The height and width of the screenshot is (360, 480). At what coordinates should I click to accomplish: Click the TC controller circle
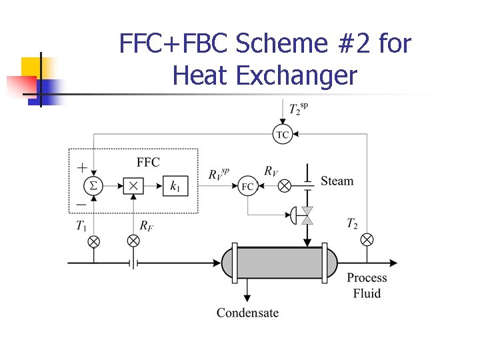point(283,134)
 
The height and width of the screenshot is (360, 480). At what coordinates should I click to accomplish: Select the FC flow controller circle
point(247,186)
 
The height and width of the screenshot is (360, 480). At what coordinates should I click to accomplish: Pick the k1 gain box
point(175,186)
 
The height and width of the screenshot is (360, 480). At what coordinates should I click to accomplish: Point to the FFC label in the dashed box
point(148,162)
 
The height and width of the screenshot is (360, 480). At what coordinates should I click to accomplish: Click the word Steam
point(337,181)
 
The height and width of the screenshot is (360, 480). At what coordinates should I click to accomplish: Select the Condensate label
point(247,313)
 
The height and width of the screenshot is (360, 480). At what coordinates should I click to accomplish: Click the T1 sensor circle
point(94,240)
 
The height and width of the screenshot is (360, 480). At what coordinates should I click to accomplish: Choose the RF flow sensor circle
point(133,240)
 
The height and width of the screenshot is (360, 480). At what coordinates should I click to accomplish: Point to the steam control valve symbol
point(307,215)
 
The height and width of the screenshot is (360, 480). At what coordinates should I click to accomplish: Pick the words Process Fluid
point(367,285)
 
